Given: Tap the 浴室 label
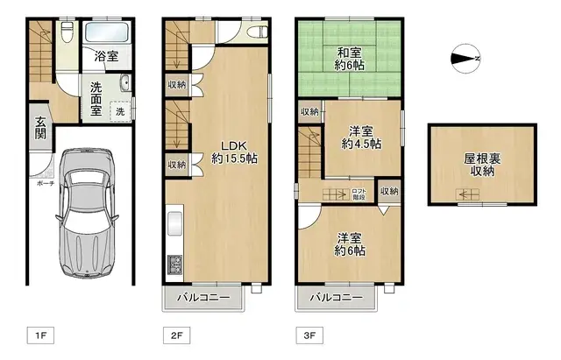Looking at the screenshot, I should (107, 57).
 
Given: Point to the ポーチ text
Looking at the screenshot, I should (46, 184).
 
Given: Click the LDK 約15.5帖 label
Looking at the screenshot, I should (233, 152).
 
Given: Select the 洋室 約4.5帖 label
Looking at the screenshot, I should (360, 137).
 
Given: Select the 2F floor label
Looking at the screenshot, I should (175, 334).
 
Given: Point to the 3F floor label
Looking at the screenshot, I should (309, 334).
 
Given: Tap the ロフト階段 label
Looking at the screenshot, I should (359, 194).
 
